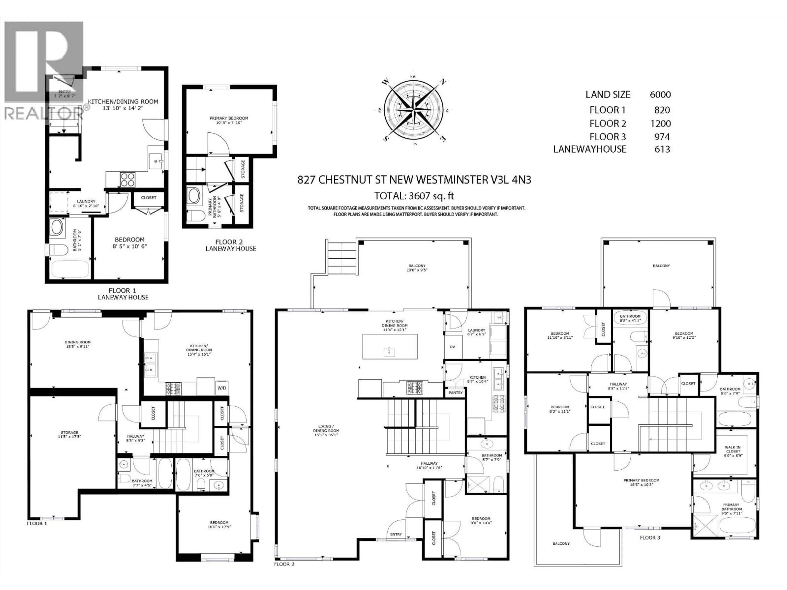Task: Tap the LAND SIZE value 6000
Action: (660, 95)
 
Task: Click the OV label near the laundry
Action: (452, 347)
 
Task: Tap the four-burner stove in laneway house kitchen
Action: (127, 179)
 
